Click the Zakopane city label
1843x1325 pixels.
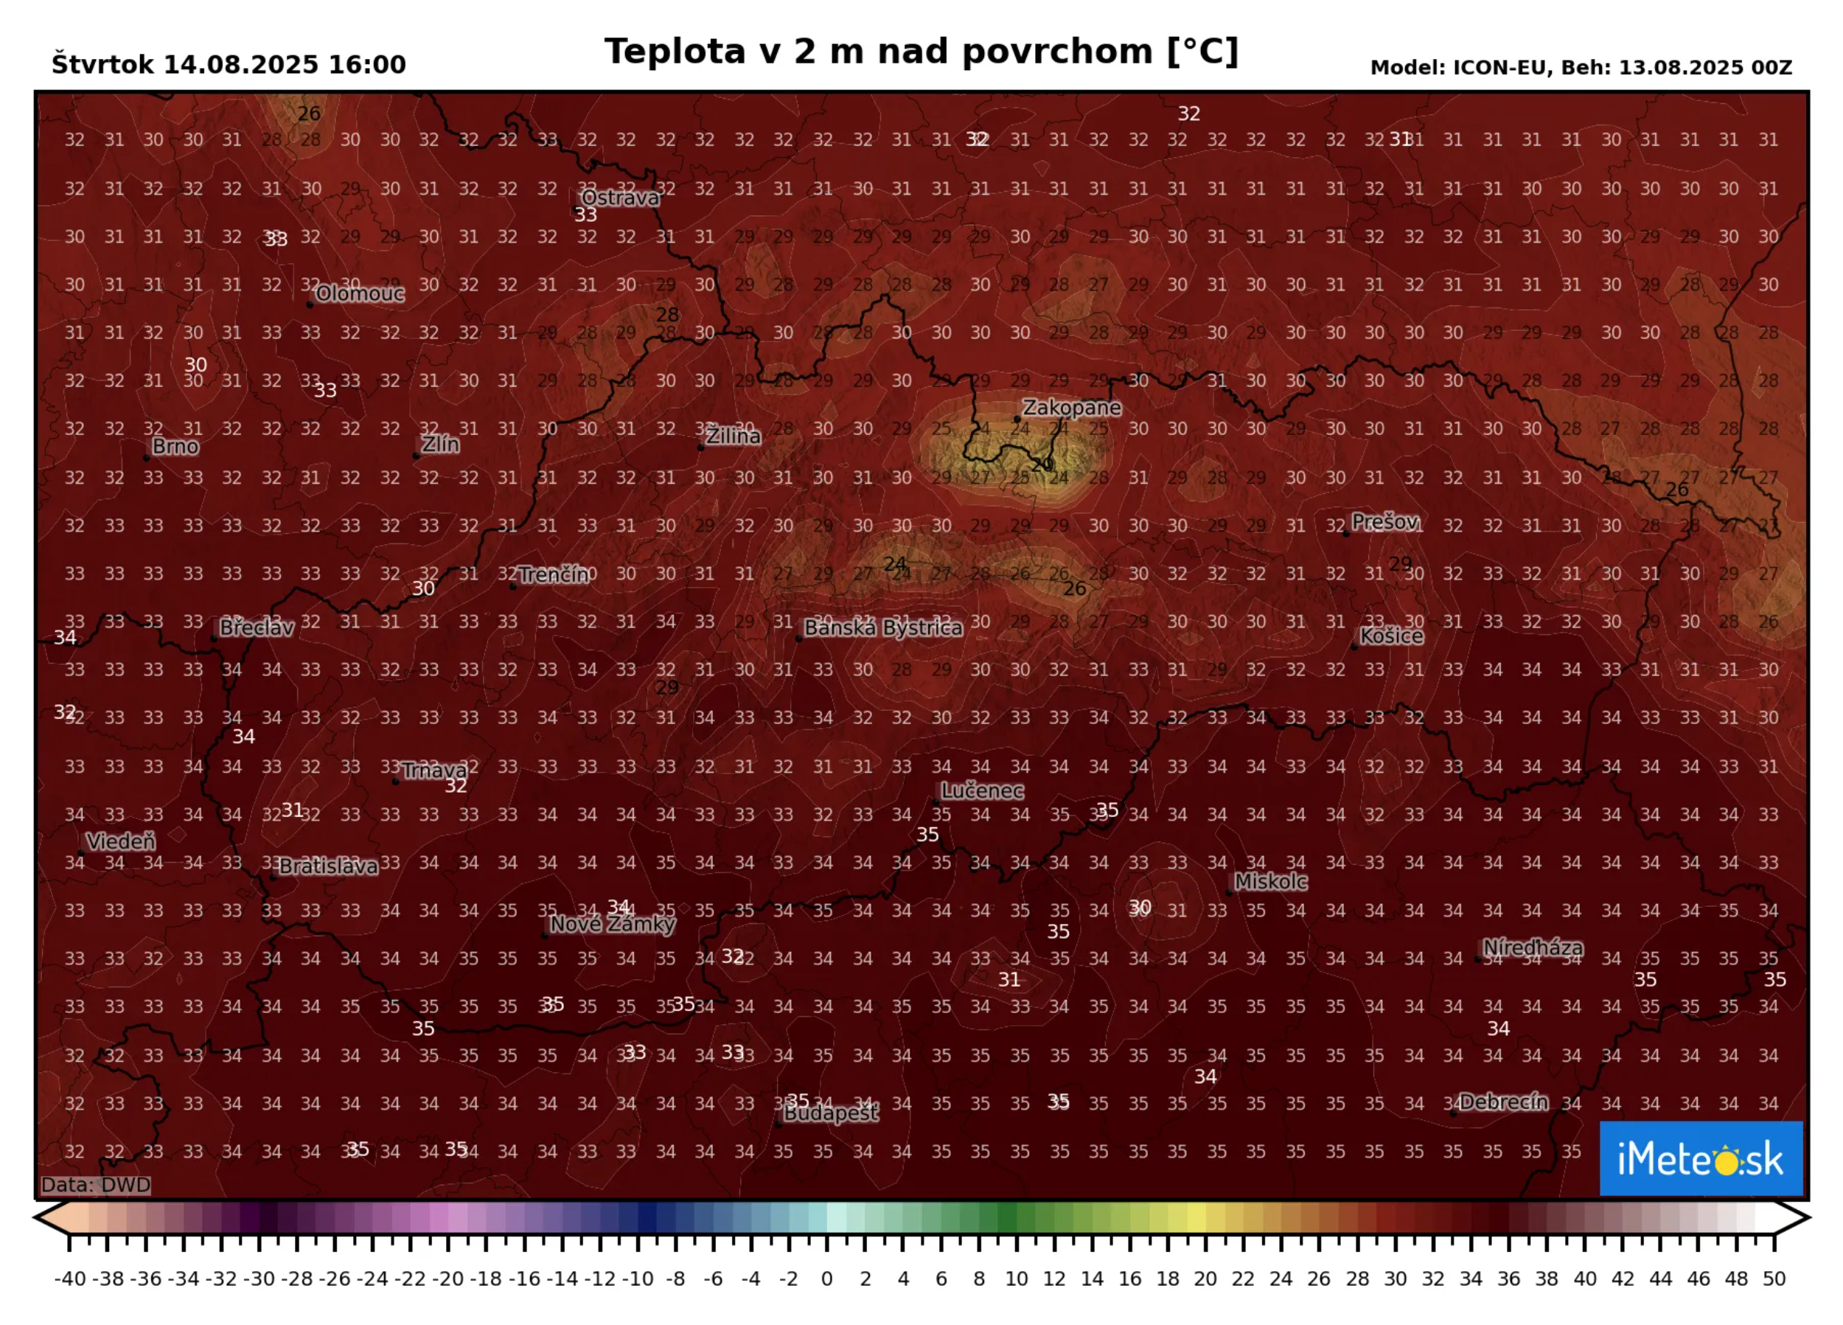click(x=1071, y=407)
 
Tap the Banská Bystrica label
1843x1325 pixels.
click(x=882, y=627)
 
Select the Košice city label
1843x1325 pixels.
click(x=1391, y=636)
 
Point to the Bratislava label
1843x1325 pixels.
click(x=327, y=866)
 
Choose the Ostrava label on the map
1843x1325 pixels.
click(x=620, y=198)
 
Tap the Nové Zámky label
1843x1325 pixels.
click(x=612, y=924)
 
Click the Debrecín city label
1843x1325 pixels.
click(x=1502, y=1102)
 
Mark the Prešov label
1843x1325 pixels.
click(x=1384, y=522)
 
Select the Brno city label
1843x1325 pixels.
click(x=175, y=446)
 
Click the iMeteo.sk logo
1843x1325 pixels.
click(x=1700, y=1158)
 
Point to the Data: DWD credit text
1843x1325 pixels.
click(x=96, y=1184)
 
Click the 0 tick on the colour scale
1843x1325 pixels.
click(x=827, y=1279)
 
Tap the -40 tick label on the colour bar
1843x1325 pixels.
click(x=70, y=1279)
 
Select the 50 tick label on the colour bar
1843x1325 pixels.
click(x=1774, y=1279)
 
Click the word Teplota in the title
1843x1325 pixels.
click(x=675, y=51)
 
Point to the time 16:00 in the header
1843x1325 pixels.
click(x=366, y=65)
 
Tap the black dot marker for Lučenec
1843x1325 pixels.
click(x=936, y=802)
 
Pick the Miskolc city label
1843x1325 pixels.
click(x=1270, y=881)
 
